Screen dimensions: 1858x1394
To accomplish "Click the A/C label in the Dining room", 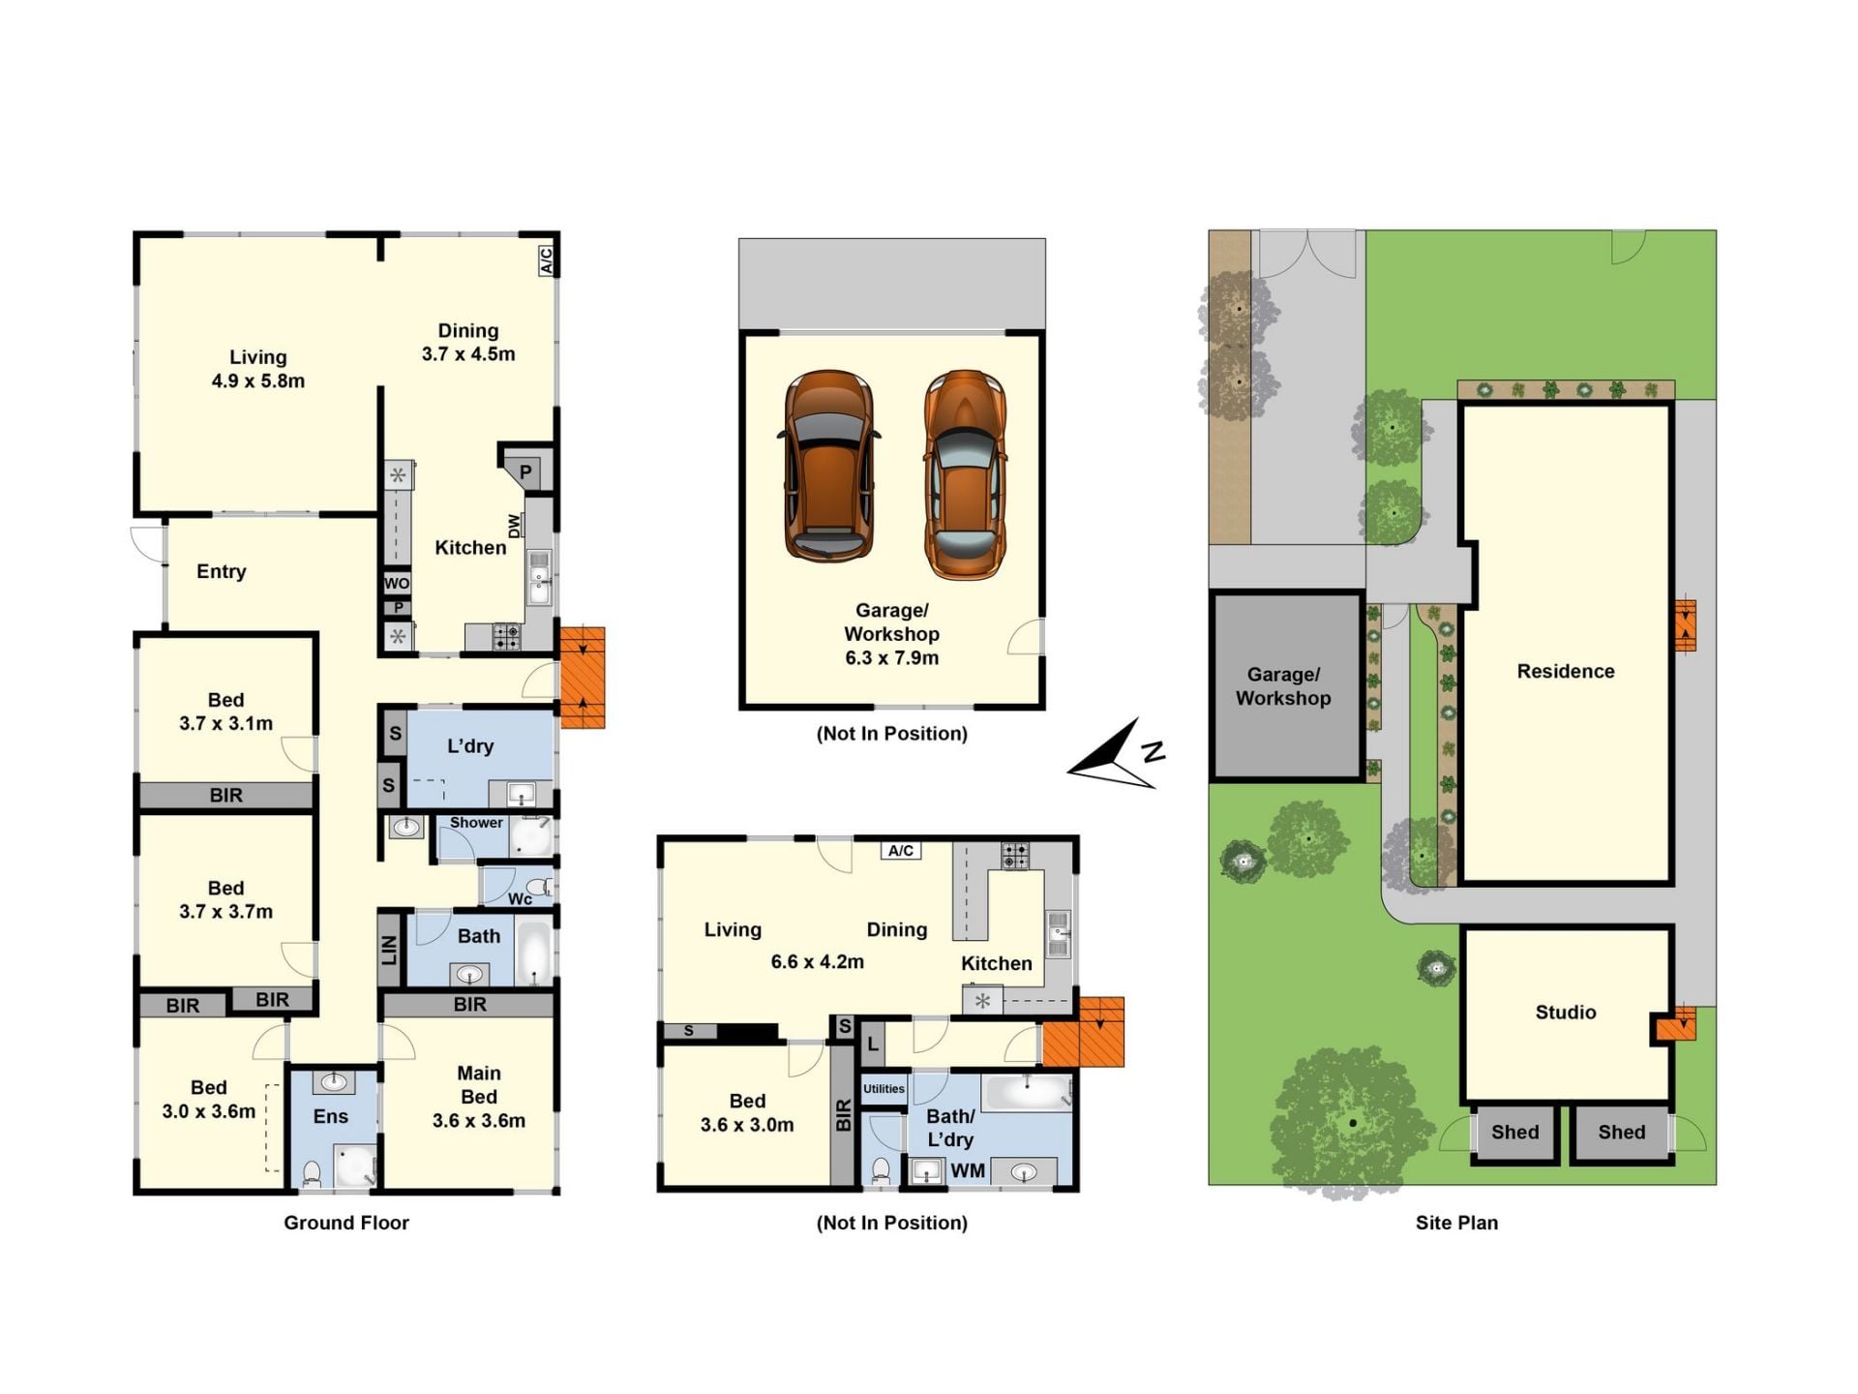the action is tap(546, 259).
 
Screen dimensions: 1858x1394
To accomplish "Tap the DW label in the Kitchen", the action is tap(514, 526).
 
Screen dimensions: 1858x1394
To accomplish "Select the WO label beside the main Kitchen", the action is tap(397, 584).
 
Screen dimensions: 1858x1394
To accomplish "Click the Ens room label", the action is tap(331, 1116).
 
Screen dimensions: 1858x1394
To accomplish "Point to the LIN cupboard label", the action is tap(389, 951).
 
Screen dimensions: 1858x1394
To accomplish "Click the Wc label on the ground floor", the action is tap(520, 899).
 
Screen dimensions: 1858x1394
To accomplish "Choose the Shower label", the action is tap(476, 823).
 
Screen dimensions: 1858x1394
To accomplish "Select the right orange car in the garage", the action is tap(965, 474).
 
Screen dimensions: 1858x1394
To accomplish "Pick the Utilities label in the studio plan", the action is tap(884, 1089).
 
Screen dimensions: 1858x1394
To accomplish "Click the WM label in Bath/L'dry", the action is tap(968, 1170).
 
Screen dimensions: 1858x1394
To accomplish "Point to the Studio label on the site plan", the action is tap(1566, 1013).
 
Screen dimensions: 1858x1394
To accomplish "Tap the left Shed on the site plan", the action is tap(1514, 1133).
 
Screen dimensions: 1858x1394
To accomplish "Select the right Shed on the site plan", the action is tap(1622, 1133).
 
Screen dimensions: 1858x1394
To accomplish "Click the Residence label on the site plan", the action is tap(1566, 672).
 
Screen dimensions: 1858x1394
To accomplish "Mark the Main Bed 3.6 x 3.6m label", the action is tap(479, 1097).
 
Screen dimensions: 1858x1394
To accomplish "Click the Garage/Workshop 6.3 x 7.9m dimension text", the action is tap(892, 658).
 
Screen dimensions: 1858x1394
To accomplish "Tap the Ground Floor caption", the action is tap(346, 1223).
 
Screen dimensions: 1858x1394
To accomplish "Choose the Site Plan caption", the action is tap(1456, 1223).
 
